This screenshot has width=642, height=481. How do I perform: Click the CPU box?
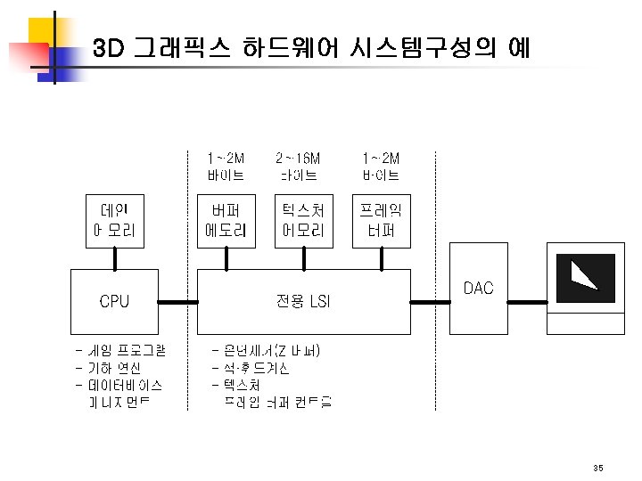click(114, 302)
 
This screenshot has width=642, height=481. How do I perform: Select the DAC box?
click(478, 289)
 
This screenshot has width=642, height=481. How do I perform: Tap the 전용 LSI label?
click(303, 302)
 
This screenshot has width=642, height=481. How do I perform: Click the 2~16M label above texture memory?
click(298, 159)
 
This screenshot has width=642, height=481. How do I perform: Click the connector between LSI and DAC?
click(433, 303)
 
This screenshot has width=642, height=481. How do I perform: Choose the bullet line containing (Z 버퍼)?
click(267, 350)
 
